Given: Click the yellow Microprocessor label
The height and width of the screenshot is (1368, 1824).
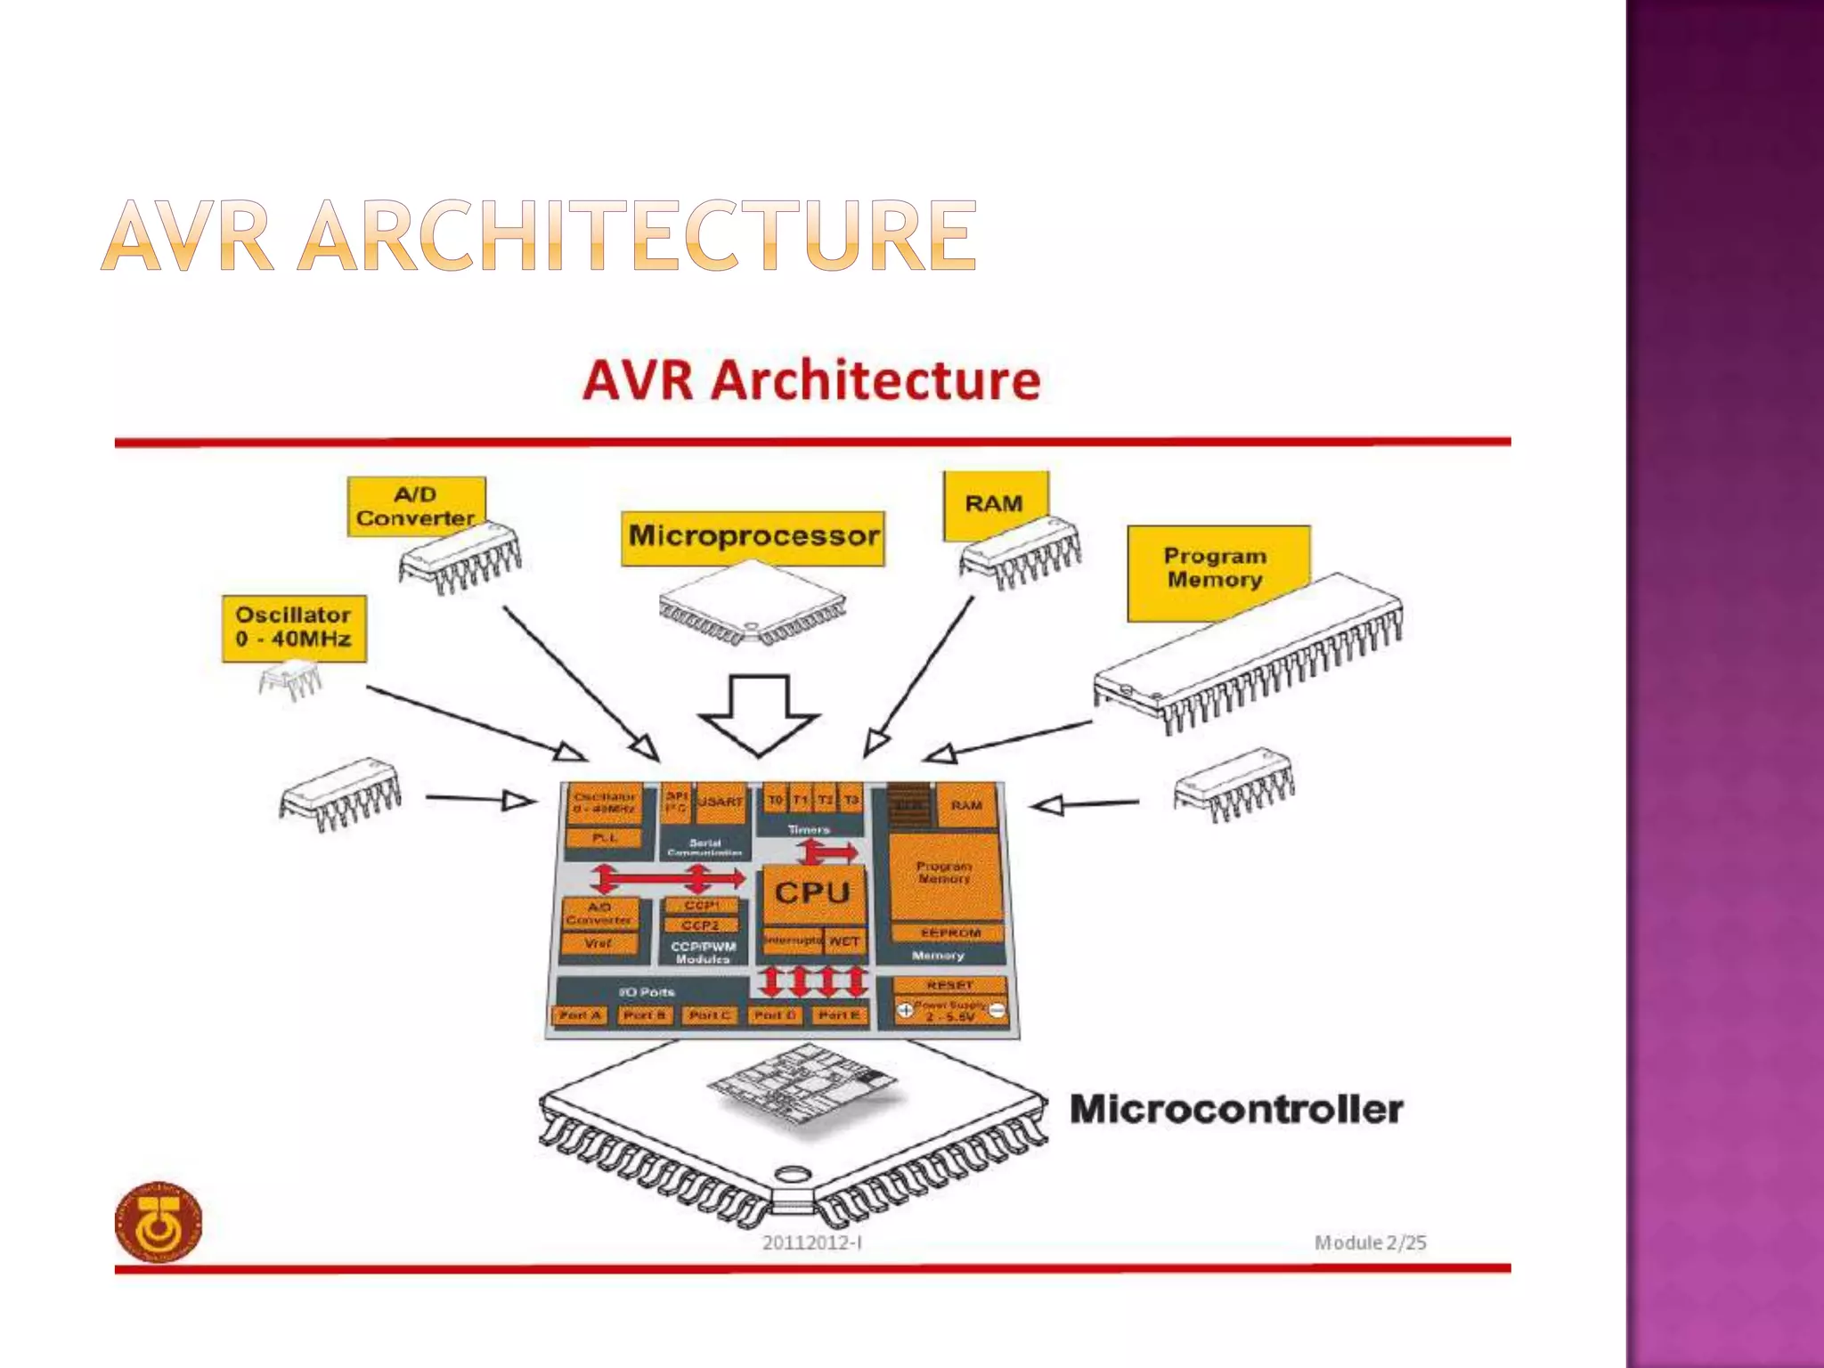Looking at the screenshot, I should tap(753, 537).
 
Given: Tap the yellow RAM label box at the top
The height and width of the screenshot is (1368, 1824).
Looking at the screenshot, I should tap(995, 503).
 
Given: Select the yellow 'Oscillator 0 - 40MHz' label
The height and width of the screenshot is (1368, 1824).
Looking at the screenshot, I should tap(294, 627).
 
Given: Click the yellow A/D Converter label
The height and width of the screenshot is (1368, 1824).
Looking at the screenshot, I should tap(415, 506).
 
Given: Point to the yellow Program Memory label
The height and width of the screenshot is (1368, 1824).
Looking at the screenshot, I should tap(1217, 568).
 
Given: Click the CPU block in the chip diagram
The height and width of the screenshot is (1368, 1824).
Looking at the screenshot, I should tap(812, 892).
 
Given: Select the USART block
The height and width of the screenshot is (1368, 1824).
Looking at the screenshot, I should tap(720, 802).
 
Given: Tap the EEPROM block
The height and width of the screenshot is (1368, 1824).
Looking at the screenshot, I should tap(949, 932).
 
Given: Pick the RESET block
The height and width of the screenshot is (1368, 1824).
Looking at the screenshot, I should tap(949, 985).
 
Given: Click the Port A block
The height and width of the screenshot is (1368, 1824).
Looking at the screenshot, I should tap(580, 1015).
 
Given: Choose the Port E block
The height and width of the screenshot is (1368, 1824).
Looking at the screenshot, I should tap(839, 1015).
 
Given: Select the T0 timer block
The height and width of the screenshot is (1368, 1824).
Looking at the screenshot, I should tap(776, 800).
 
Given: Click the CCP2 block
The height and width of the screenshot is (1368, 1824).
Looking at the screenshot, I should tap(701, 925).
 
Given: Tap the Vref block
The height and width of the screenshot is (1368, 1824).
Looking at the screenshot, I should tap(598, 943).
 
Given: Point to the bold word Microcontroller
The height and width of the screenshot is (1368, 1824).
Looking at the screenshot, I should tap(1236, 1110).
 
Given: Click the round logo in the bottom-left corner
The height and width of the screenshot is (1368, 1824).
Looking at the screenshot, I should tap(159, 1222).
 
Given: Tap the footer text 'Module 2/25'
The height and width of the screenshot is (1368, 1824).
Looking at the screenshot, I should tap(1370, 1242).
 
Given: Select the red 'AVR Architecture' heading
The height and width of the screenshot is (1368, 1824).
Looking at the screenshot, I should tap(811, 380).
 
